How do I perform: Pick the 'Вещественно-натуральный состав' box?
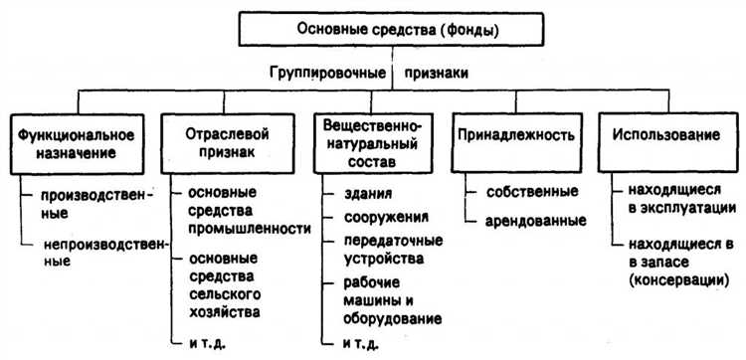[x=373, y=142]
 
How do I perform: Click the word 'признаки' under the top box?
[x=439, y=74]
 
